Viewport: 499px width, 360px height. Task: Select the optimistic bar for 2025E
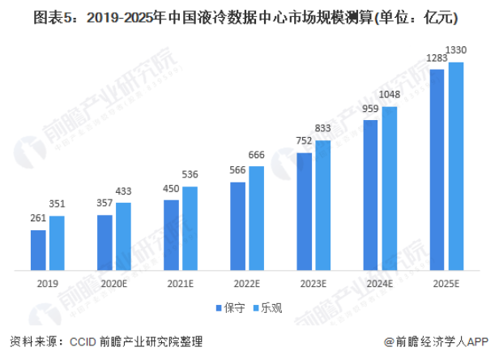pos(456,166)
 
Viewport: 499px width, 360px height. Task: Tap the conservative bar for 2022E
pos(238,226)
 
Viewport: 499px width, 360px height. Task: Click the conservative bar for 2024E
pos(371,195)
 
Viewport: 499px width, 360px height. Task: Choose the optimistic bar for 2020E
pos(123,236)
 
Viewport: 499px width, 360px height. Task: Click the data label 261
pos(37,219)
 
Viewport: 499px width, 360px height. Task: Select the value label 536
pos(190,174)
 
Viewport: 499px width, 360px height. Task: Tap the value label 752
pos(304,139)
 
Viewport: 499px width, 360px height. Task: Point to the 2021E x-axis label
pos(181,284)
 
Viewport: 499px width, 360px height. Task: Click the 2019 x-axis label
pos(48,284)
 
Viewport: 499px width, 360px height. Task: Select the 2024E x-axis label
pos(380,284)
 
